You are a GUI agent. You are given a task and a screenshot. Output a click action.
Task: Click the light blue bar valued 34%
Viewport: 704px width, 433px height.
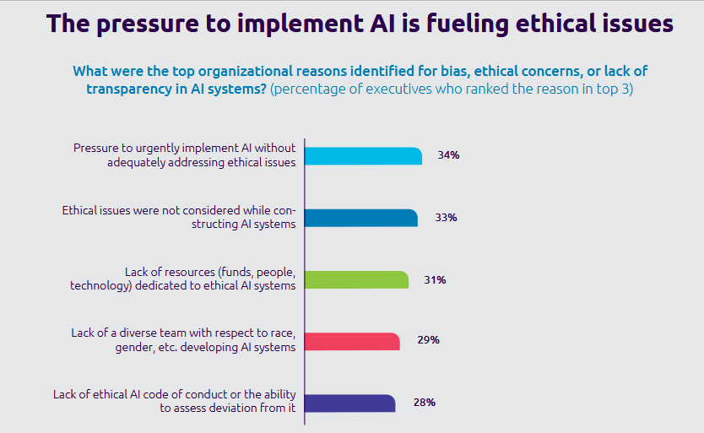[363, 155]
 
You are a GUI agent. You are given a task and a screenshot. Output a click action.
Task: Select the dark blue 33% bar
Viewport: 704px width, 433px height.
[360, 218]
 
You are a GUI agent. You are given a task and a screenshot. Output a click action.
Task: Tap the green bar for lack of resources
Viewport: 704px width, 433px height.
[356, 279]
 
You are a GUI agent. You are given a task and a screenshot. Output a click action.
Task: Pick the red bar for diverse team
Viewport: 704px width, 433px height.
[352, 341]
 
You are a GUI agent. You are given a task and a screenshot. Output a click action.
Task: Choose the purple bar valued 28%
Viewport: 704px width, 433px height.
[349, 403]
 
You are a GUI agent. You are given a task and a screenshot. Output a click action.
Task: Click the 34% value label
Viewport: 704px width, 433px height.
[448, 156]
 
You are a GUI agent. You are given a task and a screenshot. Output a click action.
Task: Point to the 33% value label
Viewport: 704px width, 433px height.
[446, 218]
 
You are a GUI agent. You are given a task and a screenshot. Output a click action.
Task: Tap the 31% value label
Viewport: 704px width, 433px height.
[435, 279]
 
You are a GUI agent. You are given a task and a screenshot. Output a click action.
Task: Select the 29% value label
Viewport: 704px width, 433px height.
[428, 341]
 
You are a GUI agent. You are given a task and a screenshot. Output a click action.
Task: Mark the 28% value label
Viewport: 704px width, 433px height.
[424, 403]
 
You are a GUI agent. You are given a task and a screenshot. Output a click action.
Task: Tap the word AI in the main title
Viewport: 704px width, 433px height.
[348, 24]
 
